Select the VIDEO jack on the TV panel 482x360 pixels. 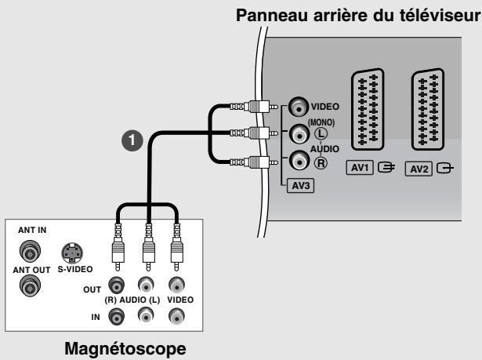(298, 107)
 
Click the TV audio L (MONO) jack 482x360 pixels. (298, 133)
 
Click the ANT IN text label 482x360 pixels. (32, 230)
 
